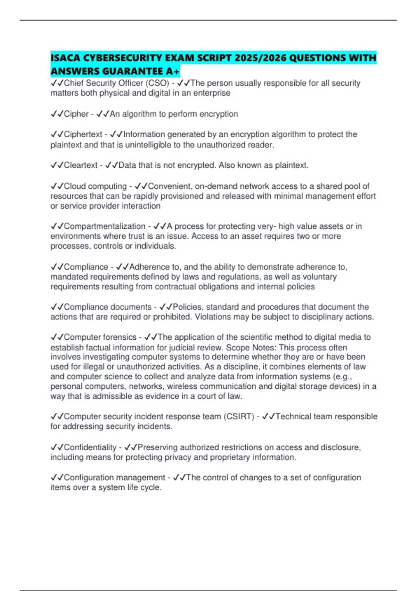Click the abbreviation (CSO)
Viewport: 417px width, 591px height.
click(157, 83)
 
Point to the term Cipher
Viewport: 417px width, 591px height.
click(76, 114)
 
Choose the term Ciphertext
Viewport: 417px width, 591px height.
click(83, 135)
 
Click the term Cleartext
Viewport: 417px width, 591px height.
click(81, 165)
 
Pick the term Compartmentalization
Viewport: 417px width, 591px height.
click(105, 226)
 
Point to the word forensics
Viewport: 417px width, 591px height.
click(119, 337)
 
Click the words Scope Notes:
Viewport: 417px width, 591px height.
click(252, 348)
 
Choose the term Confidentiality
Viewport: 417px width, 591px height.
click(90, 447)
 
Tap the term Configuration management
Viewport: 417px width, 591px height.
click(114, 478)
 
